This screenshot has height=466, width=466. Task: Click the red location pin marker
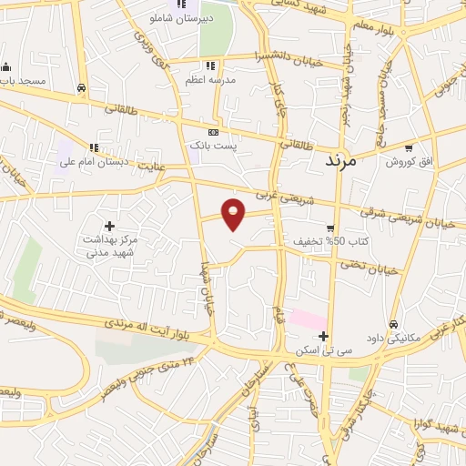click(x=235, y=213)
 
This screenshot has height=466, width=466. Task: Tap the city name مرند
click(x=344, y=160)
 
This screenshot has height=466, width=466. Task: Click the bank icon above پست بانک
click(x=214, y=132)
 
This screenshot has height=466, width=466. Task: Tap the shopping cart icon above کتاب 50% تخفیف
click(x=329, y=228)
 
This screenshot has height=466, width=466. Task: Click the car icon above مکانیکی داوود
click(x=393, y=324)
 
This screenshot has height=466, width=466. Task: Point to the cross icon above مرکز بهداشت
click(x=110, y=225)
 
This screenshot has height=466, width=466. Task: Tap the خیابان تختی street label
click(x=370, y=267)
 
